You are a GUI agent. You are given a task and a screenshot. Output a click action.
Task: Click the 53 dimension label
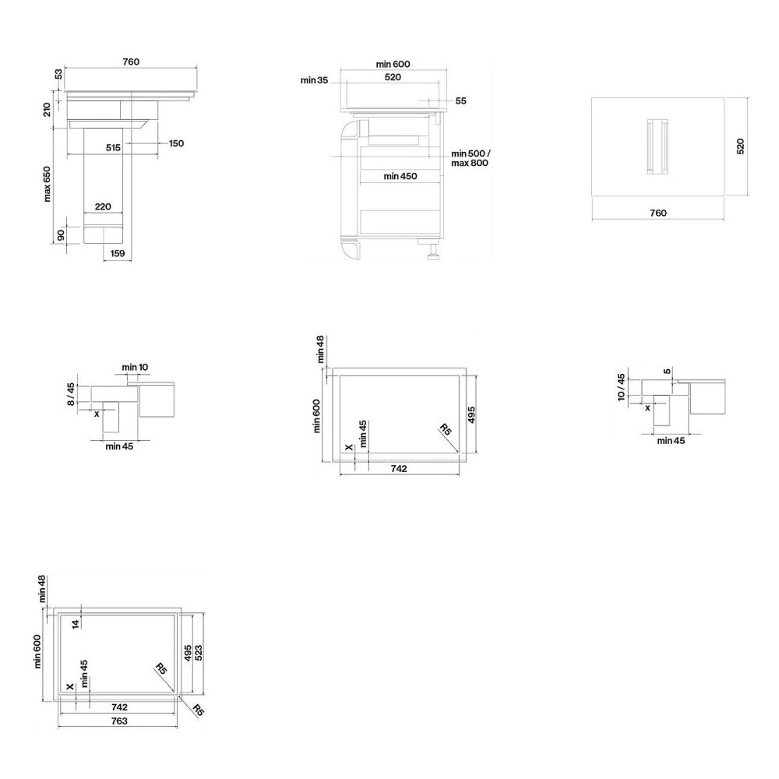tap(58, 74)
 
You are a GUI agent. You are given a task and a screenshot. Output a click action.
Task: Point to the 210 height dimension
tap(48, 109)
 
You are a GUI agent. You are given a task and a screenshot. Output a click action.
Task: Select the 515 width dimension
tap(113, 147)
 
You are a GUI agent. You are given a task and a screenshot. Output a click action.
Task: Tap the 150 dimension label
tap(176, 143)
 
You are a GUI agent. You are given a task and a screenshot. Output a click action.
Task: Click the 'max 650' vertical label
tap(48, 184)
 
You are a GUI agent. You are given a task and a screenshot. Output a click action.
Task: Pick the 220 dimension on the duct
tap(103, 206)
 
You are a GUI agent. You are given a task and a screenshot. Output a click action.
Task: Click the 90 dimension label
tap(61, 235)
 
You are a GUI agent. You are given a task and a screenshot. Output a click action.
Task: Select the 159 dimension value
tap(118, 253)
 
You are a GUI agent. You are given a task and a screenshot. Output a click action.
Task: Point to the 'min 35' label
tap(314, 80)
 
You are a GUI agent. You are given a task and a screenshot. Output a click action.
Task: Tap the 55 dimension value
tap(460, 100)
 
